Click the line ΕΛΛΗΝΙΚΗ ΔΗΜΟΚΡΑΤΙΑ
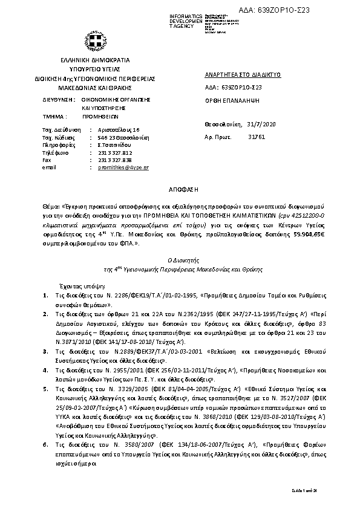(x=95, y=62)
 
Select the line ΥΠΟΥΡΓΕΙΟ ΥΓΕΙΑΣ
(x=95, y=70)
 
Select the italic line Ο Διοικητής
(x=180, y=259)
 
